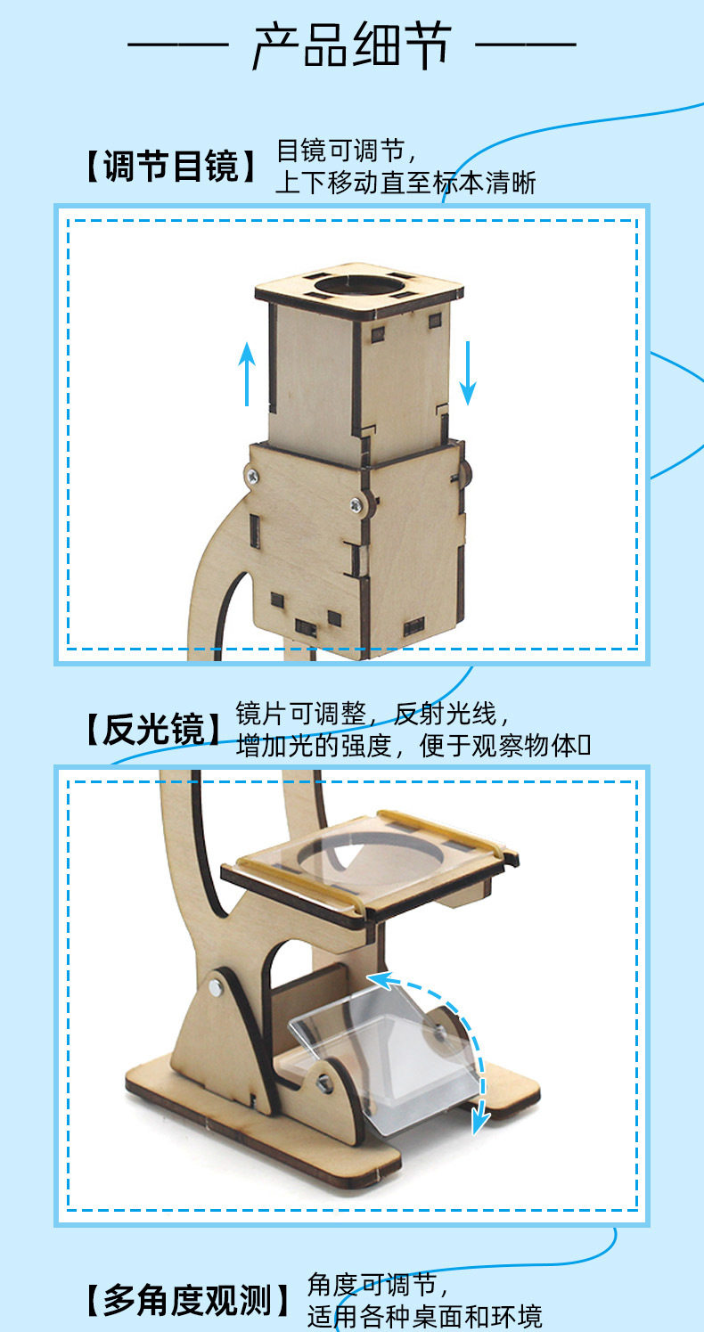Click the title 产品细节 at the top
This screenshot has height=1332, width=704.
[352, 45]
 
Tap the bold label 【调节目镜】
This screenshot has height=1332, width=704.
[171, 166]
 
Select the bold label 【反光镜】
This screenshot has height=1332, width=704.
[154, 729]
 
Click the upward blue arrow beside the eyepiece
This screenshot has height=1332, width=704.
[247, 374]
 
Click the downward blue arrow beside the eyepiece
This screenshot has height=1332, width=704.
[468, 372]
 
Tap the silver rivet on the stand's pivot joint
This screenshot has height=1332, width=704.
[216, 988]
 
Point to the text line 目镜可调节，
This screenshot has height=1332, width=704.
[347, 151]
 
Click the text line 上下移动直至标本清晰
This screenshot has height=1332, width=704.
[406, 183]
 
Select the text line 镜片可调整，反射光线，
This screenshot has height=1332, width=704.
[372, 714]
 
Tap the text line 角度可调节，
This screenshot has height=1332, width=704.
[378, 1285]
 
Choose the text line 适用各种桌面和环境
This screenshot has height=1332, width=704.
[424, 1316]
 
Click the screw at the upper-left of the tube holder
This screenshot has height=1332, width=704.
[253, 475]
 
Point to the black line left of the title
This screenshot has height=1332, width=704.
[178, 45]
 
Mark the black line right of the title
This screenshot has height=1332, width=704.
[526, 45]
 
